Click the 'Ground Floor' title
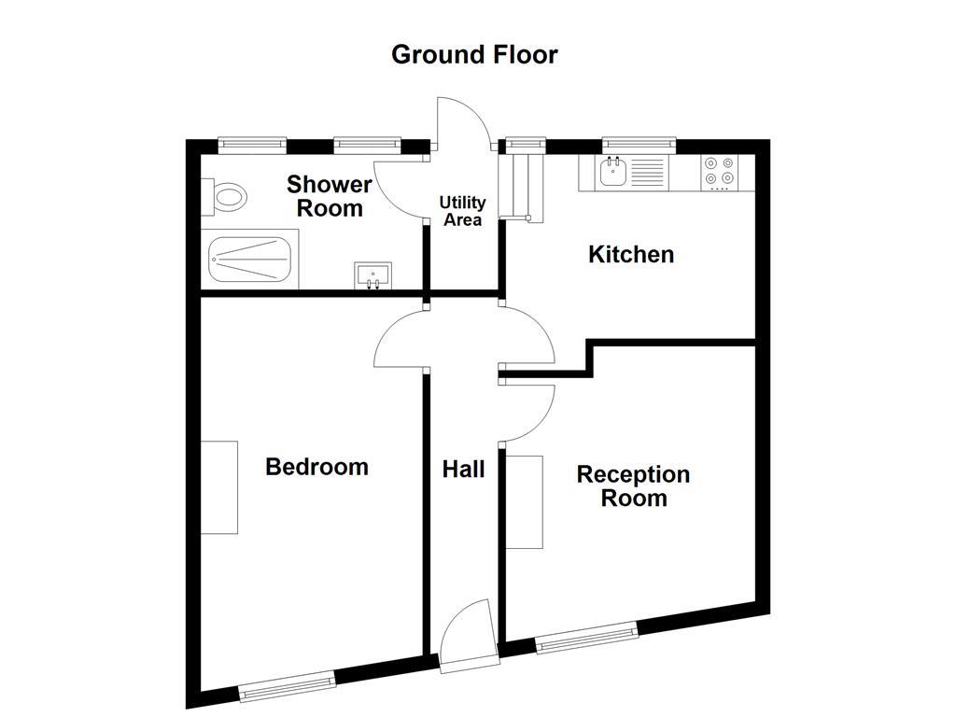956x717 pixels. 474,54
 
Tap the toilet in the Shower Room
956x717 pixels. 227,197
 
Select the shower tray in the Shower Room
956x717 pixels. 250,260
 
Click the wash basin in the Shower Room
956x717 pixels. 373,276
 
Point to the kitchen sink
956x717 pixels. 613,173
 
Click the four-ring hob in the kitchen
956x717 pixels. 719,171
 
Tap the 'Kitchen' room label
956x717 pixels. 631,254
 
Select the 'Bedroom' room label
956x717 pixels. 316,467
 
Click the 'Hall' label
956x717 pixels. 463,469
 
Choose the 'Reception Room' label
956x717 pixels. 633,485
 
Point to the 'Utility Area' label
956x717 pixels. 463,211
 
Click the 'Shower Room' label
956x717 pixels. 330,196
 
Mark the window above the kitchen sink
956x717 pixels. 639,144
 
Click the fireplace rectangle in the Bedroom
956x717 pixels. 219,487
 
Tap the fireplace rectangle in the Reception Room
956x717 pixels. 525,501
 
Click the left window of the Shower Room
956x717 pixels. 252,144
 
